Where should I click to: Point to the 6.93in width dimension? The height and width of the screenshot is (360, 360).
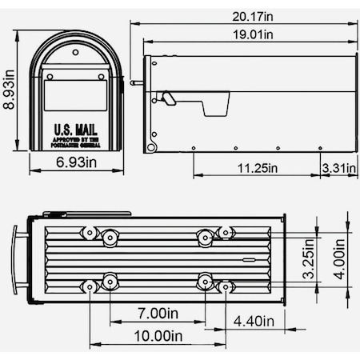76,162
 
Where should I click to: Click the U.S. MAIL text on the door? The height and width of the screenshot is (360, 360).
76,128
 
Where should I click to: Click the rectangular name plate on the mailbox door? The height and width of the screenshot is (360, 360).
76,95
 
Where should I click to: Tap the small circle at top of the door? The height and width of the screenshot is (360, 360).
76,52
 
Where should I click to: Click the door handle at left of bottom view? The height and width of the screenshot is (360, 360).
15,259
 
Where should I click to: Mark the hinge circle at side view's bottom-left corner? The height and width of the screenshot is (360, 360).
150,147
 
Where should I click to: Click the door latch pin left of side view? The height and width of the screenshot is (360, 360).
135,82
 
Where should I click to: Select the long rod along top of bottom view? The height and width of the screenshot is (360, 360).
88,214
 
